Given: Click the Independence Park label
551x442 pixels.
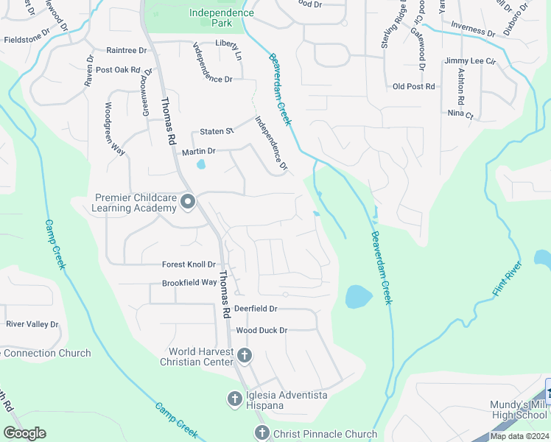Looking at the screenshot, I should [x=221, y=18].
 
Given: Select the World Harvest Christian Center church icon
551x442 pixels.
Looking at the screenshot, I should [x=245, y=357].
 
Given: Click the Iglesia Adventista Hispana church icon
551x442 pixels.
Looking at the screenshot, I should [x=234, y=400].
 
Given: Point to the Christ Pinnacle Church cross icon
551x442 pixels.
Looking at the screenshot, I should [x=261, y=434].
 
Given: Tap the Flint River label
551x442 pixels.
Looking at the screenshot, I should [x=507, y=279].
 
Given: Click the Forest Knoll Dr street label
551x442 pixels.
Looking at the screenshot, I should [x=189, y=264].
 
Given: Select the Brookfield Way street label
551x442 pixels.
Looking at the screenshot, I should [x=189, y=283].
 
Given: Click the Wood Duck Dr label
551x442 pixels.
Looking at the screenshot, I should [x=261, y=331].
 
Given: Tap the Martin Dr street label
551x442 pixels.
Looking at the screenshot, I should [x=198, y=151].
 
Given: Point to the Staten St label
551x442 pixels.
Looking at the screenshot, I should [x=217, y=131].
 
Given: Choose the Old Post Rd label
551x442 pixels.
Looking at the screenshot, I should [x=414, y=87].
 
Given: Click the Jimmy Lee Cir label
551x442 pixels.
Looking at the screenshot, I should [x=470, y=61].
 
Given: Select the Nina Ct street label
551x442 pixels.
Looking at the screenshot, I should [x=460, y=115].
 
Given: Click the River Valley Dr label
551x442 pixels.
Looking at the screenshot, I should [x=32, y=324].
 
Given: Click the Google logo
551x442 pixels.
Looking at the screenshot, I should [x=24, y=433].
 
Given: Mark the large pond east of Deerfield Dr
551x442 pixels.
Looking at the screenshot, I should [x=359, y=296].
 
